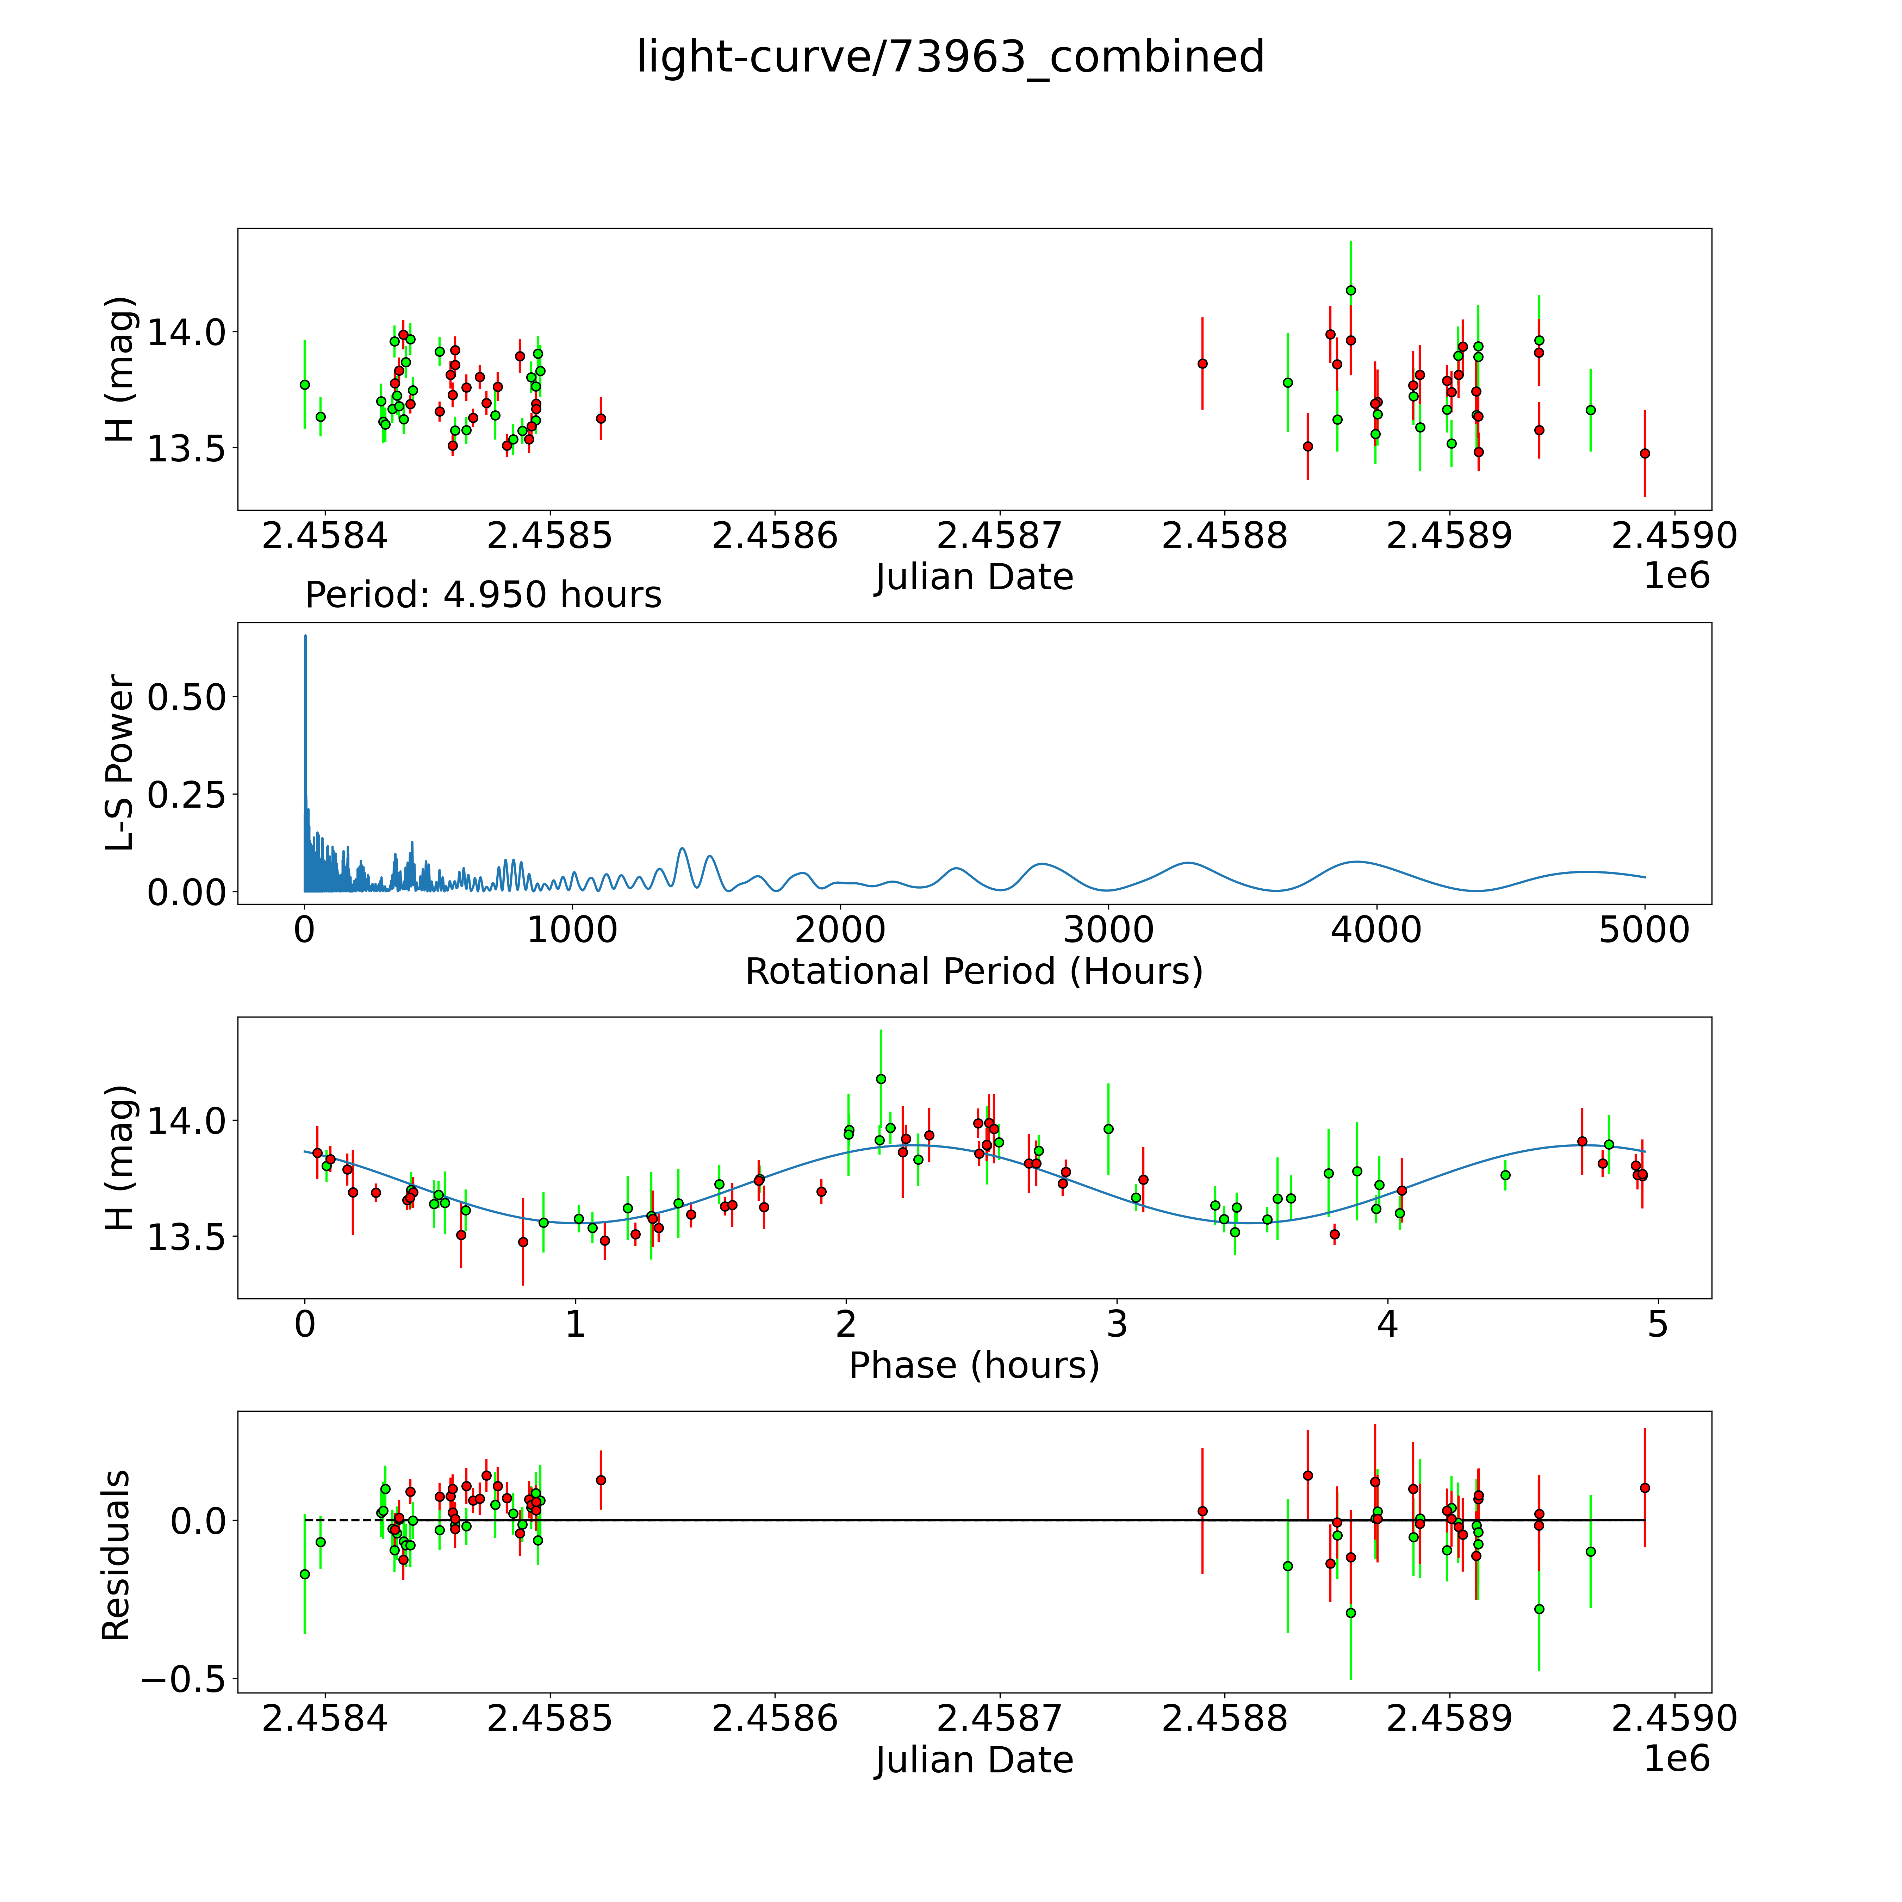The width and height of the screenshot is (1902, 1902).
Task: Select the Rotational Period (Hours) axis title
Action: click(974, 972)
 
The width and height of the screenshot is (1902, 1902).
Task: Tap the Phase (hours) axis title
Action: click(974, 1366)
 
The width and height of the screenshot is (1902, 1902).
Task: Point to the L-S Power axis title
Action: click(119, 763)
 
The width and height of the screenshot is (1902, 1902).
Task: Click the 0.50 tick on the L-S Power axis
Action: click(187, 697)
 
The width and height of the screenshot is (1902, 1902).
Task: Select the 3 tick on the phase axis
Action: click(1117, 1325)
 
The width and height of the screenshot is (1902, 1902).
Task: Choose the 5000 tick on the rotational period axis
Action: click(1644, 930)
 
